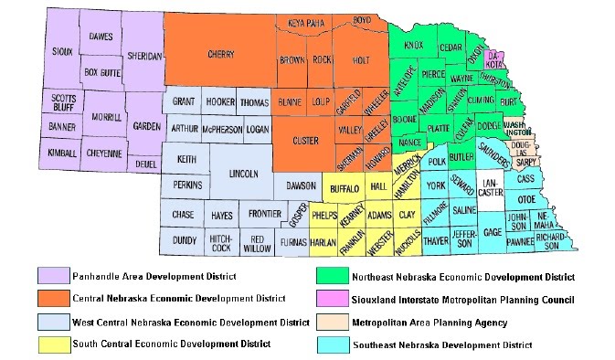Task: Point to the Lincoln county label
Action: pos(243,173)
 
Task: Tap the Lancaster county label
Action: pos(492,187)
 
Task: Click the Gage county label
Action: pos(492,232)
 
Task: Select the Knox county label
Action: pos(413,43)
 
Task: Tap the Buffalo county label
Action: pos(343,187)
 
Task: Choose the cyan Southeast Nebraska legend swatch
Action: pos(331,344)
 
